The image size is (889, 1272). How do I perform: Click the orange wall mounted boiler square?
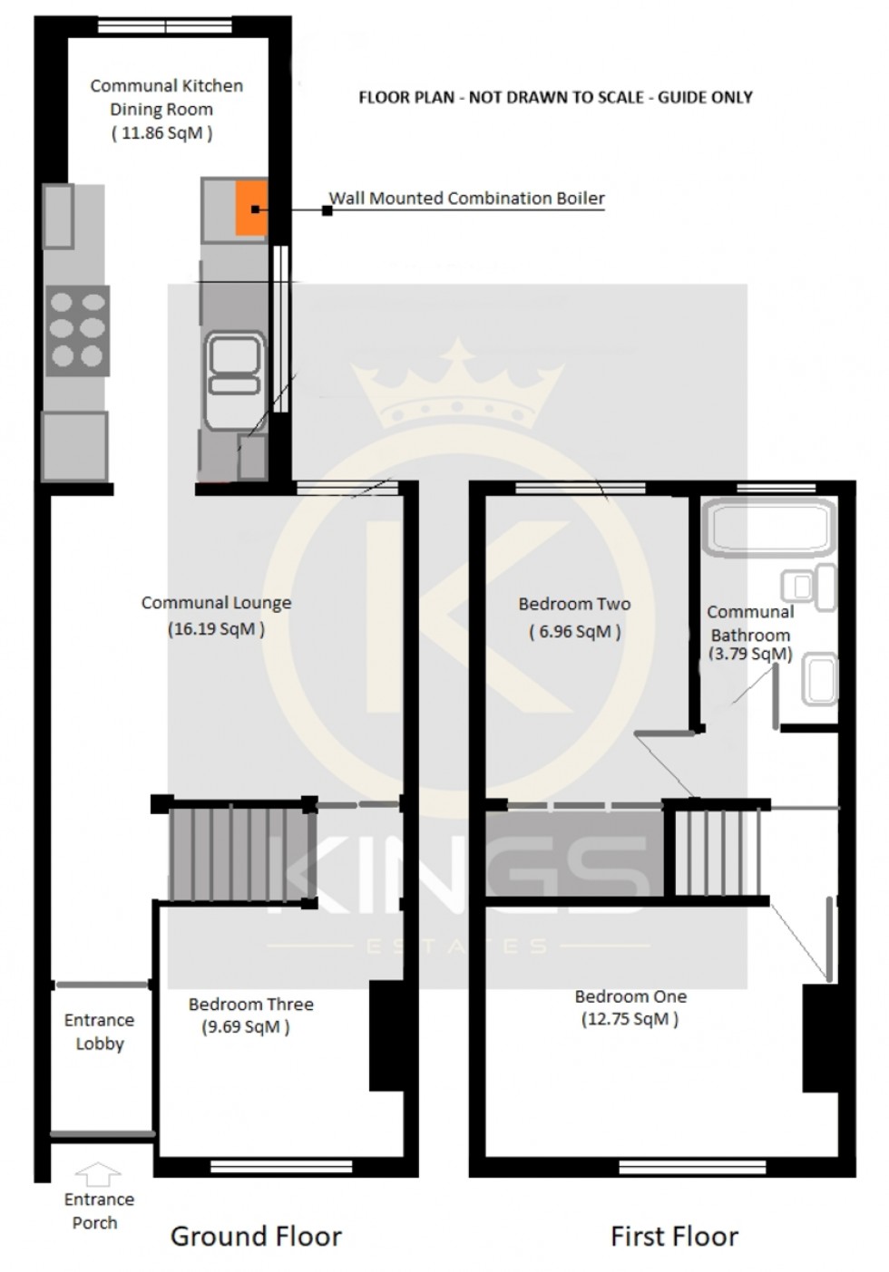click(x=251, y=209)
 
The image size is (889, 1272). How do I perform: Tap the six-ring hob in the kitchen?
click(x=77, y=329)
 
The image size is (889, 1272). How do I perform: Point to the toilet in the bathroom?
click(x=811, y=586)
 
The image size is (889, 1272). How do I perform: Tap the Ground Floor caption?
click(x=256, y=1236)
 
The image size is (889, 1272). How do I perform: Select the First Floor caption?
click(x=674, y=1236)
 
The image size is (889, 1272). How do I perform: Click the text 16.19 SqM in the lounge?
click(x=216, y=628)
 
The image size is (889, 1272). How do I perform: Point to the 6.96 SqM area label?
click(x=575, y=631)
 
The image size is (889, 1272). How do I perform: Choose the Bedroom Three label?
click(x=250, y=1004)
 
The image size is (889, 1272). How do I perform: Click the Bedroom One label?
click(x=630, y=995)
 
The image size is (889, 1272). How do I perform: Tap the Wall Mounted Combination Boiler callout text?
click(x=466, y=198)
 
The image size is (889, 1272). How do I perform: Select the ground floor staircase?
click(x=238, y=852)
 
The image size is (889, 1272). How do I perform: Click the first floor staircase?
click(x=717, y=852)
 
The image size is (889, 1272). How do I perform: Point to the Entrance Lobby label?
click(x=99, y=1032)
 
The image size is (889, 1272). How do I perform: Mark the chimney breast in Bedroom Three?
click(x=385, y=1034)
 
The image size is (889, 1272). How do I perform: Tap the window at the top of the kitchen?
click(x=163, y=26)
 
